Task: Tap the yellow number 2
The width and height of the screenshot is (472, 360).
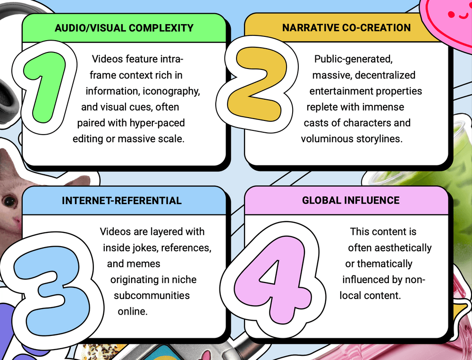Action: point(256,85)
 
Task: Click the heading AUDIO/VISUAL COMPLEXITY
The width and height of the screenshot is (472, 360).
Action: point(124,28)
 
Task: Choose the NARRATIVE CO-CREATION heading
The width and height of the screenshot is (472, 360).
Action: point(346,28)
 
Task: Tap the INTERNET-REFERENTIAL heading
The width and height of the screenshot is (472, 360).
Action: point(122,201)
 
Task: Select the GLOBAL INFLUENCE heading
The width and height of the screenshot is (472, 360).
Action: point(351,200)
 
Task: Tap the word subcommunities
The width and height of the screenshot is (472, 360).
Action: point(152,296)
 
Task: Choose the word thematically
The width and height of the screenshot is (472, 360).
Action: point(385,264)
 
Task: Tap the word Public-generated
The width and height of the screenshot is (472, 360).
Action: point(354,59)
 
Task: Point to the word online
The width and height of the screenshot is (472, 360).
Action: point(133,311)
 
